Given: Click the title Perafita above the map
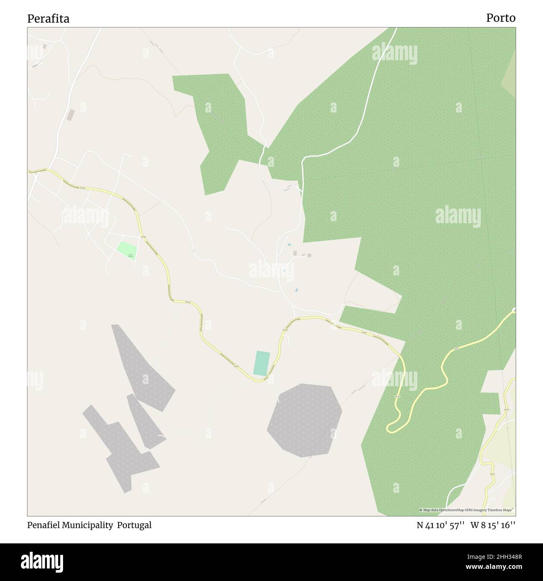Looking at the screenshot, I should coord(48,19).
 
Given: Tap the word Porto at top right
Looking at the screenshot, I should coord(500,18).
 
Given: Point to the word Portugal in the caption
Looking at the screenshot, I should coord(134,525).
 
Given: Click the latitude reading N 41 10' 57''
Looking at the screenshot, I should coord(441,525).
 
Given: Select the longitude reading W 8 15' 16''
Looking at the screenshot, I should coord(493,525).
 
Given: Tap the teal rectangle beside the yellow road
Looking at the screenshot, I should coord(261,363).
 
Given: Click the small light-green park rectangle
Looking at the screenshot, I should coord(127,251).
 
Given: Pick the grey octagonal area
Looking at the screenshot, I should coord(304,419).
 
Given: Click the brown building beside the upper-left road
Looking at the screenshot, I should coord(71,115).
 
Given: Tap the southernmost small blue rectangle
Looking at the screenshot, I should coord(297,290).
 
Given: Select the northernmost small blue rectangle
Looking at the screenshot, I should coord(289,245).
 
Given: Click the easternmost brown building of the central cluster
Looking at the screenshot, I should coord(309,255).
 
